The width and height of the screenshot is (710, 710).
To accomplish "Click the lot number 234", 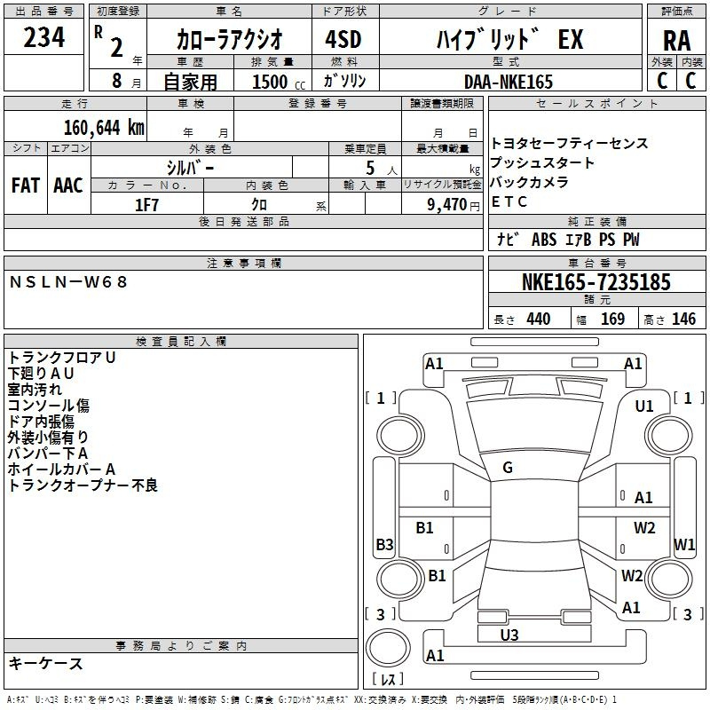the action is [x=43, y=38].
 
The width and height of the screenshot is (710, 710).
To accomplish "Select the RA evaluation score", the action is [x=676, y=40].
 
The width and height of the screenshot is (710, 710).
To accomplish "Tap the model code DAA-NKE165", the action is [x=509, y=82].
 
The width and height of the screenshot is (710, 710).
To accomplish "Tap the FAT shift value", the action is [x=25, y=185].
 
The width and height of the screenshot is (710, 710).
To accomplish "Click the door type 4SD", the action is [x=336, y=40].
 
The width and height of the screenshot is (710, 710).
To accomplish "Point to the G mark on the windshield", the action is [x=507, y=468].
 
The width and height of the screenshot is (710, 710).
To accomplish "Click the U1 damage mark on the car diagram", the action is [x=644, y=406].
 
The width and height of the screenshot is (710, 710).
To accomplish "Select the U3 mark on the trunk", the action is [x=509, y=635].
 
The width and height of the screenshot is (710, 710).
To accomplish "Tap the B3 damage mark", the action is [x=384, y=544].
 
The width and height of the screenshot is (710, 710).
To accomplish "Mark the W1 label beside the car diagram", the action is [x=683, y=544].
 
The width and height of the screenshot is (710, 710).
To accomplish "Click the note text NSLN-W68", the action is [x=68, y=281].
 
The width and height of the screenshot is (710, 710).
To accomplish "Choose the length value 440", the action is [x=538, y=319].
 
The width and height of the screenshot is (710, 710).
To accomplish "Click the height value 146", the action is [x=683, y=319].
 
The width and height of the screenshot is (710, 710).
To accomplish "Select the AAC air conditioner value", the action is [x=68, y=185].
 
